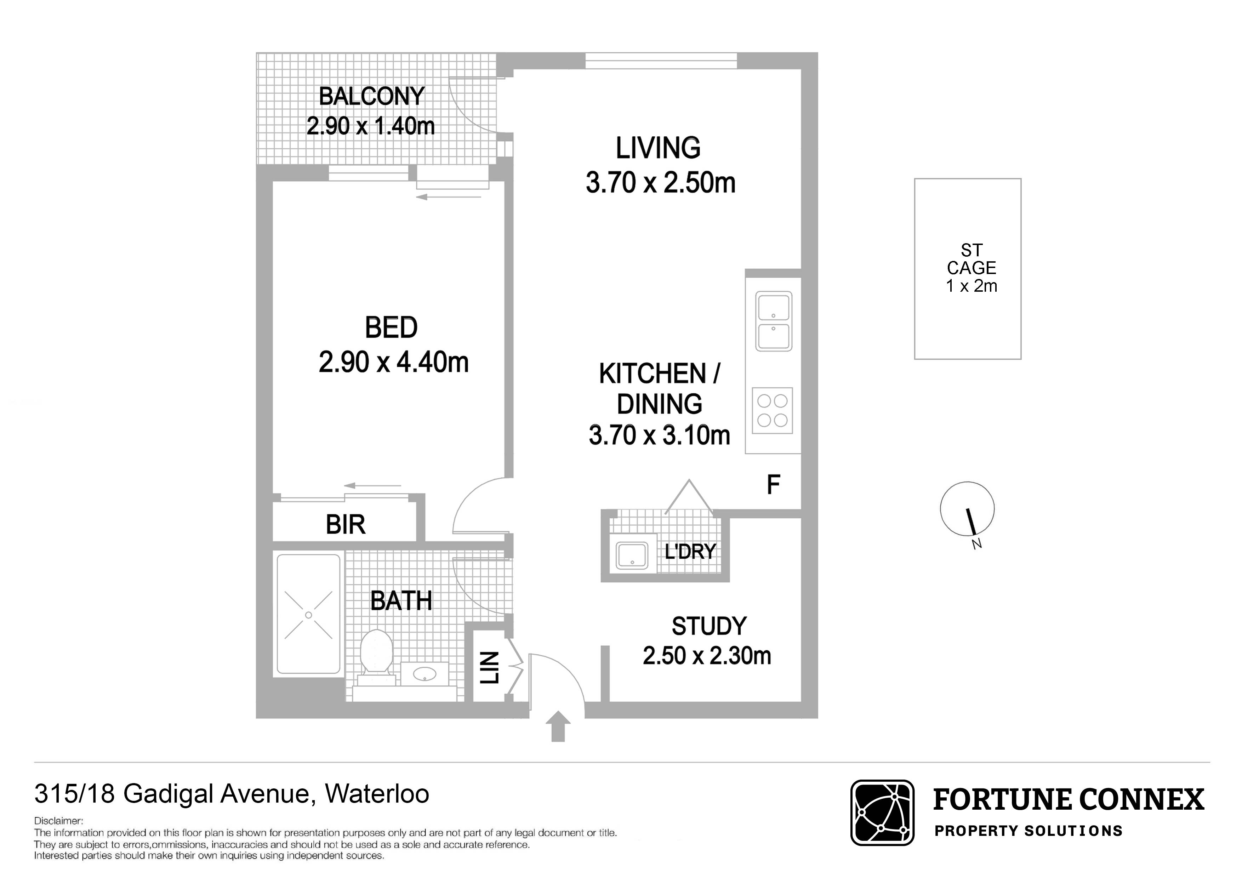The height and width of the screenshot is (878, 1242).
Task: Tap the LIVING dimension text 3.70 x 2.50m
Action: tap(661, 183)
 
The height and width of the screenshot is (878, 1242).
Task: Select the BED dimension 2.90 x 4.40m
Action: tap(393, 362)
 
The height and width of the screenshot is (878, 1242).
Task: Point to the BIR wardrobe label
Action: tap(346, 525)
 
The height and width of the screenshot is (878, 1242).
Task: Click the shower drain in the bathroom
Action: tap(308, 615)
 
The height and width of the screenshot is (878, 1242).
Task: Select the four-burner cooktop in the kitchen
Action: tap(772, 411)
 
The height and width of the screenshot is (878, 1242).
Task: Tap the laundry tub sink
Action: tap(632, 555)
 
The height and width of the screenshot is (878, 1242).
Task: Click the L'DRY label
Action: tap(690, 552)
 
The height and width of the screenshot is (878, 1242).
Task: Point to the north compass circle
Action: tap(967, 509)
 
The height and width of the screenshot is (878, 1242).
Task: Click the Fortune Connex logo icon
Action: tap(882, 813)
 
